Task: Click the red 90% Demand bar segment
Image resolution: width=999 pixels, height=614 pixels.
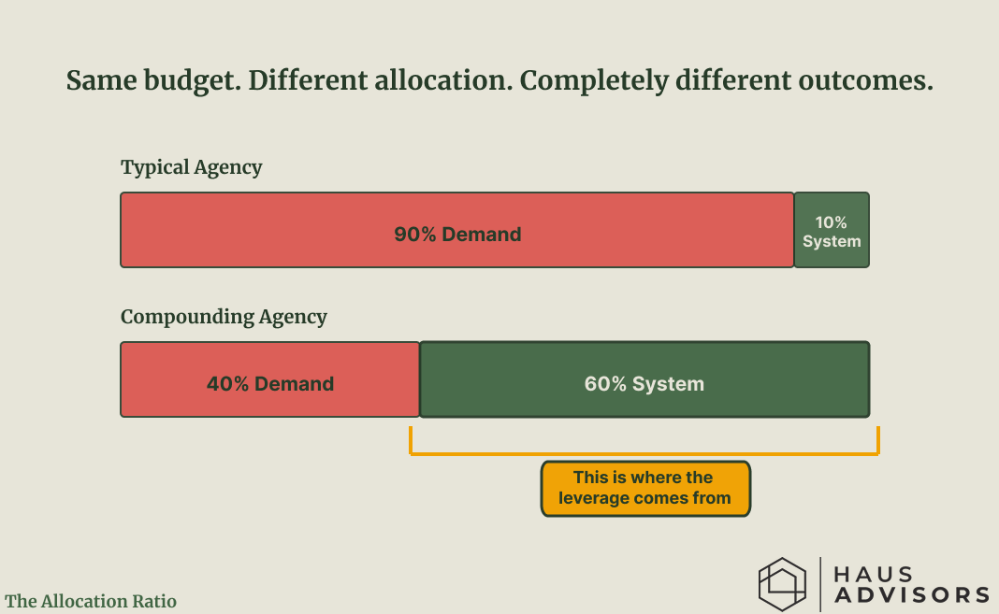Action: point(457,230)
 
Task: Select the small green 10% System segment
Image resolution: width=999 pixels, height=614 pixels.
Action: point(832,230)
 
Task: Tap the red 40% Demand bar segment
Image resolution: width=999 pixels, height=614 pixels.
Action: point(270,379)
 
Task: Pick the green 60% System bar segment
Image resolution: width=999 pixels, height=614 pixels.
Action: point(644,379)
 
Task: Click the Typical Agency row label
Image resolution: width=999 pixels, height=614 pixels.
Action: point(191,167)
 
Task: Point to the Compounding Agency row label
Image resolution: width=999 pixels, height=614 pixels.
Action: point(224,317)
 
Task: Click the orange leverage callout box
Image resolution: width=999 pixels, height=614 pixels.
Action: point(645,488)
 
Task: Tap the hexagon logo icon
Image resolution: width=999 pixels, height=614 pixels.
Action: point(782,584)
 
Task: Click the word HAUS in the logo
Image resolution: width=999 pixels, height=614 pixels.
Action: point(874,574)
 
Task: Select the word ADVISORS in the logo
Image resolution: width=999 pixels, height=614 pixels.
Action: point(912,595)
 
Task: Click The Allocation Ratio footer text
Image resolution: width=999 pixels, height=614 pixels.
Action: point(91,601)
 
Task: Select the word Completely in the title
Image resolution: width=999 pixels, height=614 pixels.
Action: point(594,81)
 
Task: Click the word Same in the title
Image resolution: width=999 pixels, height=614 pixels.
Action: point(101,80)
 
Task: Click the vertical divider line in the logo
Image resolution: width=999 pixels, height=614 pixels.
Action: point(820,584)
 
